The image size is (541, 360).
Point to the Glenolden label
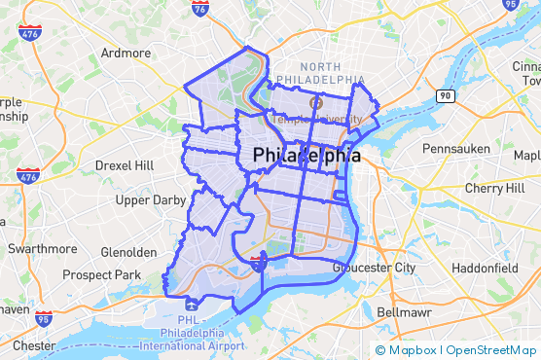(127, 252)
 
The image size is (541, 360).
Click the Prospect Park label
(101, 275)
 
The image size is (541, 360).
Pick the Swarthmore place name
(42, 248)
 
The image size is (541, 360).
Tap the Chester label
(34, 345)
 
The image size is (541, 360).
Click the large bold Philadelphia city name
(307, 156)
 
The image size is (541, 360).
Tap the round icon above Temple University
(314, 102)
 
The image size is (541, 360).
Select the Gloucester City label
(374, 267)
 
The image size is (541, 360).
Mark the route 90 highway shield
(445, 95)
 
